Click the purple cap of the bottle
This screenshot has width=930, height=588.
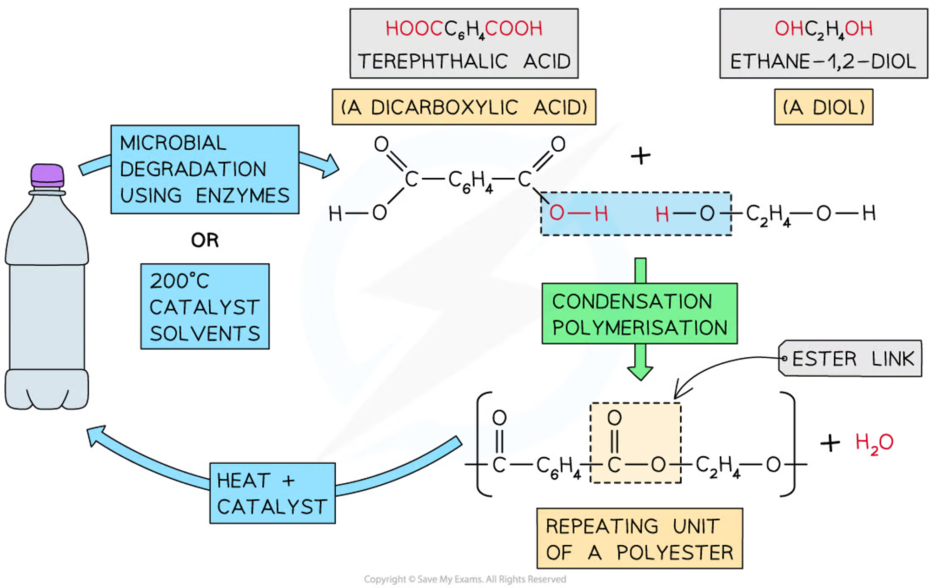[47, 175]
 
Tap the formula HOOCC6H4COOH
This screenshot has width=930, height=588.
[464, 29]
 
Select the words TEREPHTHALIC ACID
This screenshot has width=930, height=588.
[464, 61]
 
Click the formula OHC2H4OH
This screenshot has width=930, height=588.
[823, 29]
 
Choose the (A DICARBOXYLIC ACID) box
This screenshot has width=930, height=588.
[464, 107]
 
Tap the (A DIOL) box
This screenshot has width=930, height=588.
[824, 107]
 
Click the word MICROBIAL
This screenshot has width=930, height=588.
[173, 143]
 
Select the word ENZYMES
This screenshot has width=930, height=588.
[242, 196]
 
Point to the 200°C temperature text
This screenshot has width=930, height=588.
[179, 281]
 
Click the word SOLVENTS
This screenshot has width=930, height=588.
[205, 334]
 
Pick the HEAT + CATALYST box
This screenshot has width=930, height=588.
[272, 493]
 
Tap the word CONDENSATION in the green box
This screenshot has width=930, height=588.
[632, 301]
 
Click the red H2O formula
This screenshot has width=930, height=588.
[874, 443]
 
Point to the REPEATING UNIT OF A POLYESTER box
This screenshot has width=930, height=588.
[639, 539]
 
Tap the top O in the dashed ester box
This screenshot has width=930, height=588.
[614, 418]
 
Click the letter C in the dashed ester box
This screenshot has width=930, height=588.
[614, 464]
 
